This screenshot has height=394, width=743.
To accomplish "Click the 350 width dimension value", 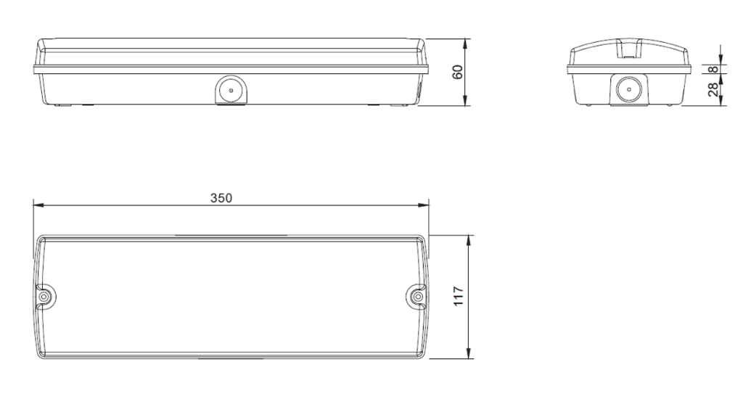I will click(x=221, y=198).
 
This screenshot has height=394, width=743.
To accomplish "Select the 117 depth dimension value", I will click(x=459, y=296).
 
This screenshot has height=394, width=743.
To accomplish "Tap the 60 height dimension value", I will click(x=457, y=72).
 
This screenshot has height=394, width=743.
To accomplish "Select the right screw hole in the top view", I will click(x=418, y=297).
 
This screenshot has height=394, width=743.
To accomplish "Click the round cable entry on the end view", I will click(x=625, y=90).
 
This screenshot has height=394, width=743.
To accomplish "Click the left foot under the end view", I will click(x=586, y=106).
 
